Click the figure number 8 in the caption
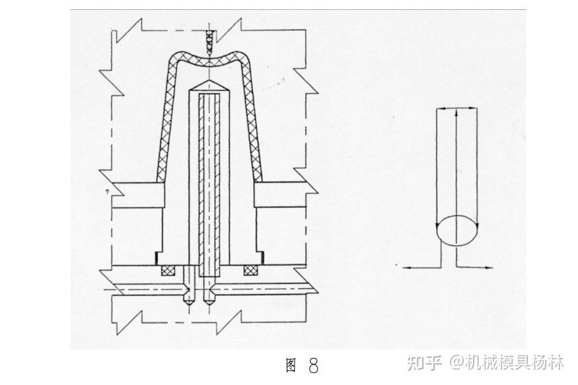[x=313, y=365]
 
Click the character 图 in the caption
[x=291, y=366]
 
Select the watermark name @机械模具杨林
[x=507, y=363]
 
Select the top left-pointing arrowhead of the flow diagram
[x=440, y=109]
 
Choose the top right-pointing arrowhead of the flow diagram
[x=473, y=109]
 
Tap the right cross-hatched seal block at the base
[x=250, y=269]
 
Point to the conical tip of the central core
[x=209, y=86]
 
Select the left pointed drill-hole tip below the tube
[x=190, y=297]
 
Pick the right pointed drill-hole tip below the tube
[x=211, y=297]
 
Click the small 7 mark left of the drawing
[x=106, y=192]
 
